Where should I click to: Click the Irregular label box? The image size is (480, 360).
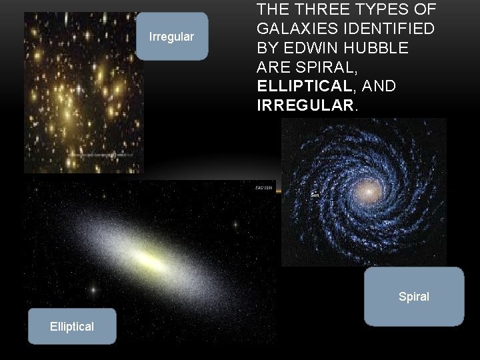(171, 37)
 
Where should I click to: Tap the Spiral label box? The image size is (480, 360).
(413, 297)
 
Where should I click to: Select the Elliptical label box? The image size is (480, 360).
(71, 326)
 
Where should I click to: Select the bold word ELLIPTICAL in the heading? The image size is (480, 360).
(304, 86)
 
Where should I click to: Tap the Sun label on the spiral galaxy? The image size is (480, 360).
(316, 195)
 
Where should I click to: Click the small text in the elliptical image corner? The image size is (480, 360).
(263, 189)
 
